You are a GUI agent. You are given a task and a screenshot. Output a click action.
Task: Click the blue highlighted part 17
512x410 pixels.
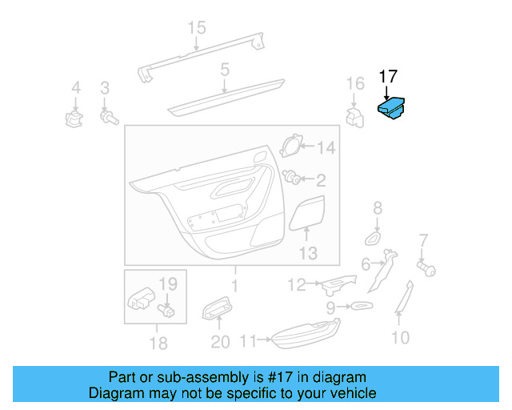pos(391,109)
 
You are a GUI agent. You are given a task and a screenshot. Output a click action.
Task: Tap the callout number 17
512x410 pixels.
pos(388,77)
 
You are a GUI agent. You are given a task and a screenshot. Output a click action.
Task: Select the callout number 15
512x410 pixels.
pos(197,29)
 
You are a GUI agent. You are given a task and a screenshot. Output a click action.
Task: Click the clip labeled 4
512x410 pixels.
pos(74,119)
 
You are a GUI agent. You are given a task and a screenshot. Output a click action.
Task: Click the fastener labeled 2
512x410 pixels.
pos(293,179)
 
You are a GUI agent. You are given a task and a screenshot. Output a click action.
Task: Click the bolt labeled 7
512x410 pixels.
pos(426,268)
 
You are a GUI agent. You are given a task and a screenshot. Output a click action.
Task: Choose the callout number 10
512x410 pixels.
pos(400,337)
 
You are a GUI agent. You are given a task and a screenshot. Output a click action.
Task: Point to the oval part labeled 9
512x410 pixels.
pos(359,306)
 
